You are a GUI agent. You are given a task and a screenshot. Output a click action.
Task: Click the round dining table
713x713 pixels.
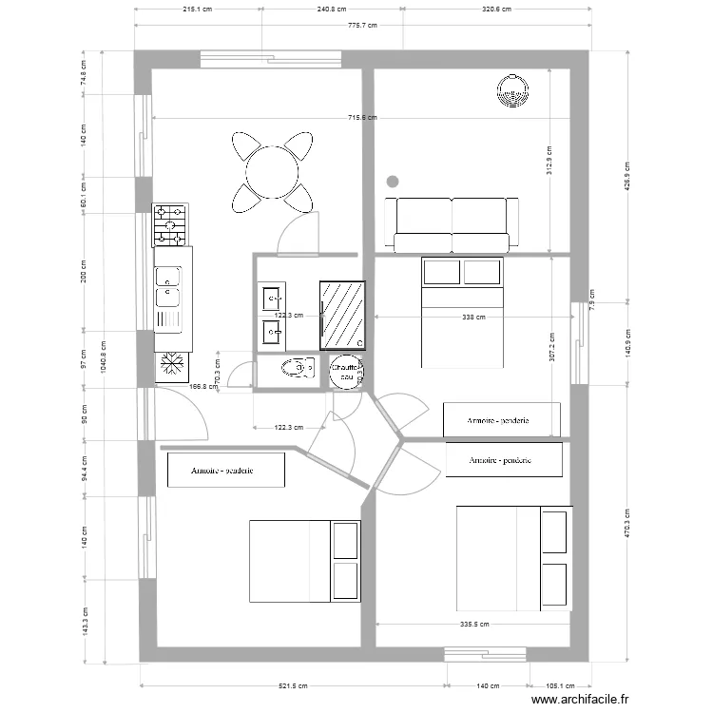[272, 173]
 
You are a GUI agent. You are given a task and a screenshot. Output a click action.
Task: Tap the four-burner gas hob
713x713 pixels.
[171, 225]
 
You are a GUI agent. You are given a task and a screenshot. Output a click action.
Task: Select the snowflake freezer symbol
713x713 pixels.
[172, 363]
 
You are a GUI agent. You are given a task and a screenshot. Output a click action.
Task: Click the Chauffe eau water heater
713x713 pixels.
[345, 372]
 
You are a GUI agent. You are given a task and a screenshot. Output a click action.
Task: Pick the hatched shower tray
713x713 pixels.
[342, 314]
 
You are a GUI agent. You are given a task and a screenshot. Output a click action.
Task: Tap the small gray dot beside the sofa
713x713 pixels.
[392, 180]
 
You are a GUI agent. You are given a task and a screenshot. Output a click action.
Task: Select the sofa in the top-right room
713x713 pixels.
[452, 223]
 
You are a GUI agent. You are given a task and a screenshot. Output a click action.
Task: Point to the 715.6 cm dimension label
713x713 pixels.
[362, 118]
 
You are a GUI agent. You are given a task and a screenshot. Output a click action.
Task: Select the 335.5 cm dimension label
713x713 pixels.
[473, 625]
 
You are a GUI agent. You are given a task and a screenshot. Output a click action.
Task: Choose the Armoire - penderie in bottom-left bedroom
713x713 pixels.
[226, 470]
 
